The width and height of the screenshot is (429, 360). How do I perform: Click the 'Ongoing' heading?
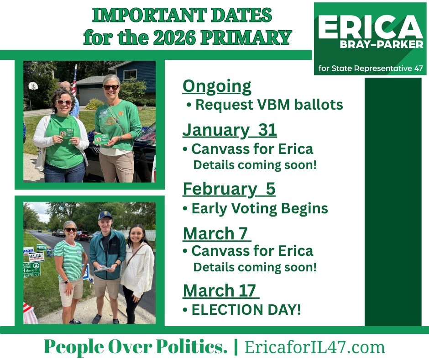click(217, 87)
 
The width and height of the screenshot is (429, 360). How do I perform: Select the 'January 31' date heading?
click(230, 130)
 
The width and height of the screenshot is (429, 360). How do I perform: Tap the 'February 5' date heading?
click(229, 189)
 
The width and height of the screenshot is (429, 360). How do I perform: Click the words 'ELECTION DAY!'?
click(246, 310)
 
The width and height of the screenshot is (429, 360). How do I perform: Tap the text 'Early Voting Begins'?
click(260, 209)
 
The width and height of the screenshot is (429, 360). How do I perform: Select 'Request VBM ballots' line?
click(269, 105)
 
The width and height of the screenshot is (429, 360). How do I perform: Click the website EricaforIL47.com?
click(314, 347)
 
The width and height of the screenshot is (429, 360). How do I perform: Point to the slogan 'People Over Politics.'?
click(136, 347)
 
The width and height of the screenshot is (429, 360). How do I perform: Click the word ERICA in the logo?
click(370, 26)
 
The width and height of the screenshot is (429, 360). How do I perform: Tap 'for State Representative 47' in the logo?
click(371, 68)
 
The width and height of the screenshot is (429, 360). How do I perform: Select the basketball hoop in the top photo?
click(33, 86)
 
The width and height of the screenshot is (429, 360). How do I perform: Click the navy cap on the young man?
click(105, 215)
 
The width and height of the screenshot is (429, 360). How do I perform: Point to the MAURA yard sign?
click(37, 257)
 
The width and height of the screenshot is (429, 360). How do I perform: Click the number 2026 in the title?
click(174, 37)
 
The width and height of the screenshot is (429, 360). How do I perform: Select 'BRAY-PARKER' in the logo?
click(382, 44)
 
